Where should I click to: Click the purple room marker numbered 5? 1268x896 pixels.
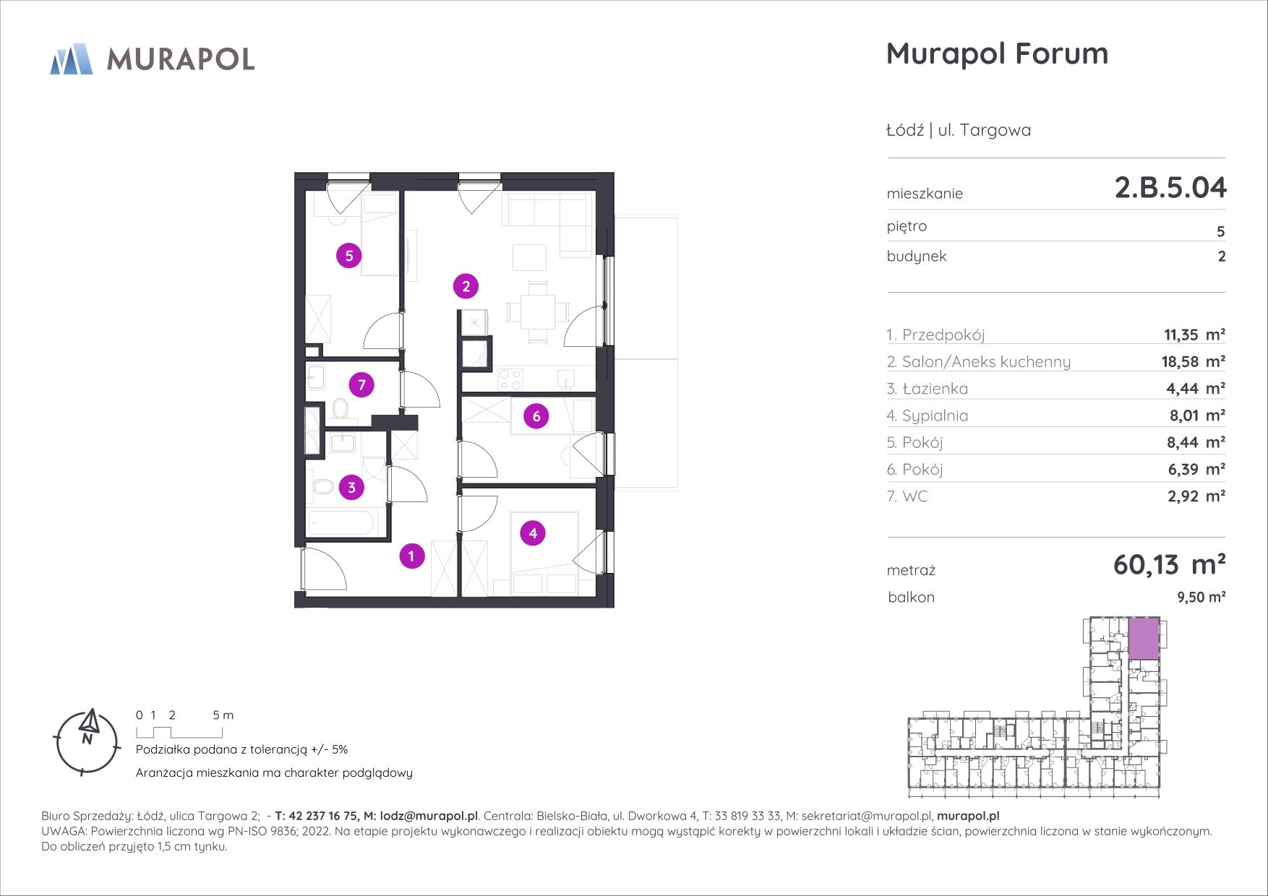tap(349, 256)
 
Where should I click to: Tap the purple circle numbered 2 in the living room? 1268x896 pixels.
tap(466, 287)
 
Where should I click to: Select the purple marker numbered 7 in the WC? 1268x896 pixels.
tap(361, 385)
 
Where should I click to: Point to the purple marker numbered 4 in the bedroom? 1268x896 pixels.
tap(533, 534)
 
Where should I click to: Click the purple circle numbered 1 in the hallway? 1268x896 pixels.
tap(411, 556)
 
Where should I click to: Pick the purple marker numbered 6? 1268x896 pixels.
tap(536, 416)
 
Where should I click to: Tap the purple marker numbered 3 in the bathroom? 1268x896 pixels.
tap(351, 487)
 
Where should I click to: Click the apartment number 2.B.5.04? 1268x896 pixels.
tap(1170, 188)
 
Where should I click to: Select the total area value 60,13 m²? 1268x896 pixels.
tap(1169, 564)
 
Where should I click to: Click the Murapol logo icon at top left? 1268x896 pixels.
tap(72, 59)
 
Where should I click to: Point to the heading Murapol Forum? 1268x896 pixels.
tap(997, 54)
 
